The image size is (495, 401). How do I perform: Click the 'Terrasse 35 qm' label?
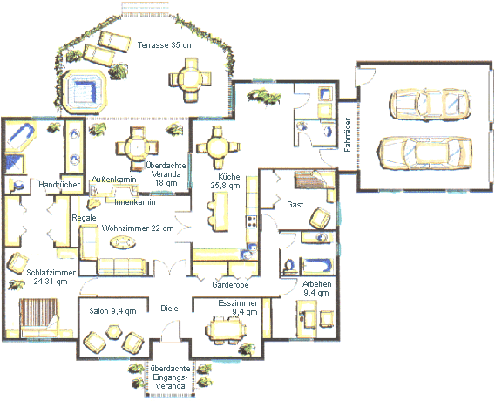(x=166, y=45)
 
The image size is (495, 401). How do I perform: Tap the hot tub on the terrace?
(x=85, y=92)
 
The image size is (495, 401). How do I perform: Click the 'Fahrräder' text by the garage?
(x=348, y=135)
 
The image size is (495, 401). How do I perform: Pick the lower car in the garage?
(x=425, y=153)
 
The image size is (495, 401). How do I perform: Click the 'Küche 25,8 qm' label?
(x=225, y=181)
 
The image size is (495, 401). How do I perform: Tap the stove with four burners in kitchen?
(x=252, y=221)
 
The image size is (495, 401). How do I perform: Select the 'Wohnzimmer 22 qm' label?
(x=138, y=228)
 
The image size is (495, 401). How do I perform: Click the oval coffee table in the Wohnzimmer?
(x=123, y=243)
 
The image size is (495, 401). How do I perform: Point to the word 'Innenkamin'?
(x=135, y=202)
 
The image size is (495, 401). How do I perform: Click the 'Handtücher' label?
(x=59, y=185)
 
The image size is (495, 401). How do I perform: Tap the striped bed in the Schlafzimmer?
(x=39, y=317)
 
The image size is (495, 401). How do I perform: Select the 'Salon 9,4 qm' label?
(x=112, y=311)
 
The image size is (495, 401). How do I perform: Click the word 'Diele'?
(x=170, y=309)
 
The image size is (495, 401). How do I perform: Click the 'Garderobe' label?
(x=230, y=285)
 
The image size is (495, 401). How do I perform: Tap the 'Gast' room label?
(x=295, y=205)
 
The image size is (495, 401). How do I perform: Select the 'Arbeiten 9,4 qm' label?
(x=316, y=289)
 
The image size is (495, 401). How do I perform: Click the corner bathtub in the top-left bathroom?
(x=21, y=136)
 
